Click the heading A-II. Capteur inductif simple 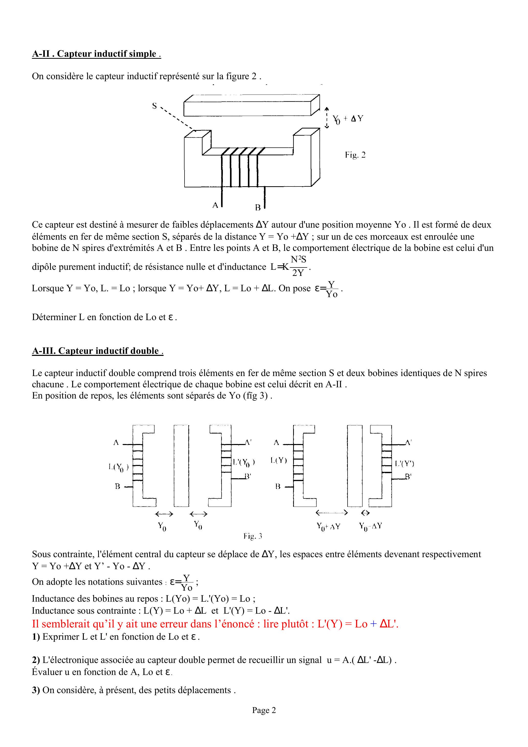tap(96, 54)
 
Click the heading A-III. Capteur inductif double tap(97, 351)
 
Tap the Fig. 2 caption tap(355, 155)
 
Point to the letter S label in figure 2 tap(155, 106)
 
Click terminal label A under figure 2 tap(215, 205)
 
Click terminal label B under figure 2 tap(258, 207)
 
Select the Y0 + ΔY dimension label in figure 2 tap(348, 119)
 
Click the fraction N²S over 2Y tap(299, 266)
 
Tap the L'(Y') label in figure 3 tap(404, 464)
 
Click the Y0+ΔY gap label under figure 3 tap(328, 527)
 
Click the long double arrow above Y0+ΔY tap(332, 513)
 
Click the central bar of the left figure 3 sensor tap(181, 465)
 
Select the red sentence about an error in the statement tap(215, 624)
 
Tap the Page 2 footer tap(264, 710)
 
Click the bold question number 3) tap(36, 690)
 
